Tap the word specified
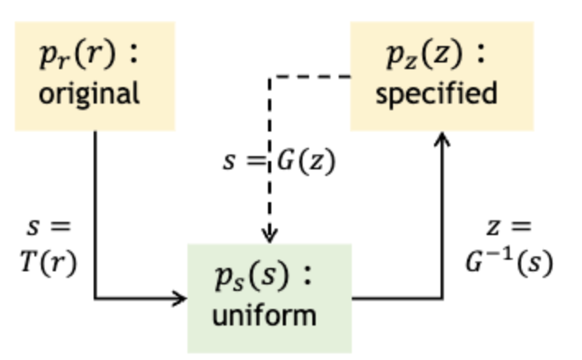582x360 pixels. pos(436,93)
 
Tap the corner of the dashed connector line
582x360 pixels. pos(270,78)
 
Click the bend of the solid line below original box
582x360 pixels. pos(95,298)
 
